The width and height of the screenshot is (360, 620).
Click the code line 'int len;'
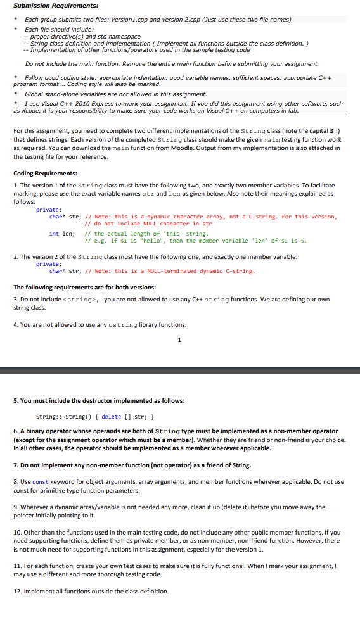(63, 234)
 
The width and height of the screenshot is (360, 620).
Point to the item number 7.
(15, 465)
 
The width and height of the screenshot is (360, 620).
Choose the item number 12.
(17, 592)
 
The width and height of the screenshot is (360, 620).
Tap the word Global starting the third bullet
(35, 94)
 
